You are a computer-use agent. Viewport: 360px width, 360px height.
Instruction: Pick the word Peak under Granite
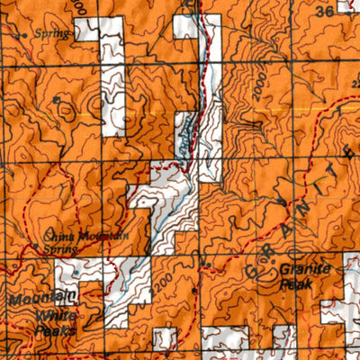298,281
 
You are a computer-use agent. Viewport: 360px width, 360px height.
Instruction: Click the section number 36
324,12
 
